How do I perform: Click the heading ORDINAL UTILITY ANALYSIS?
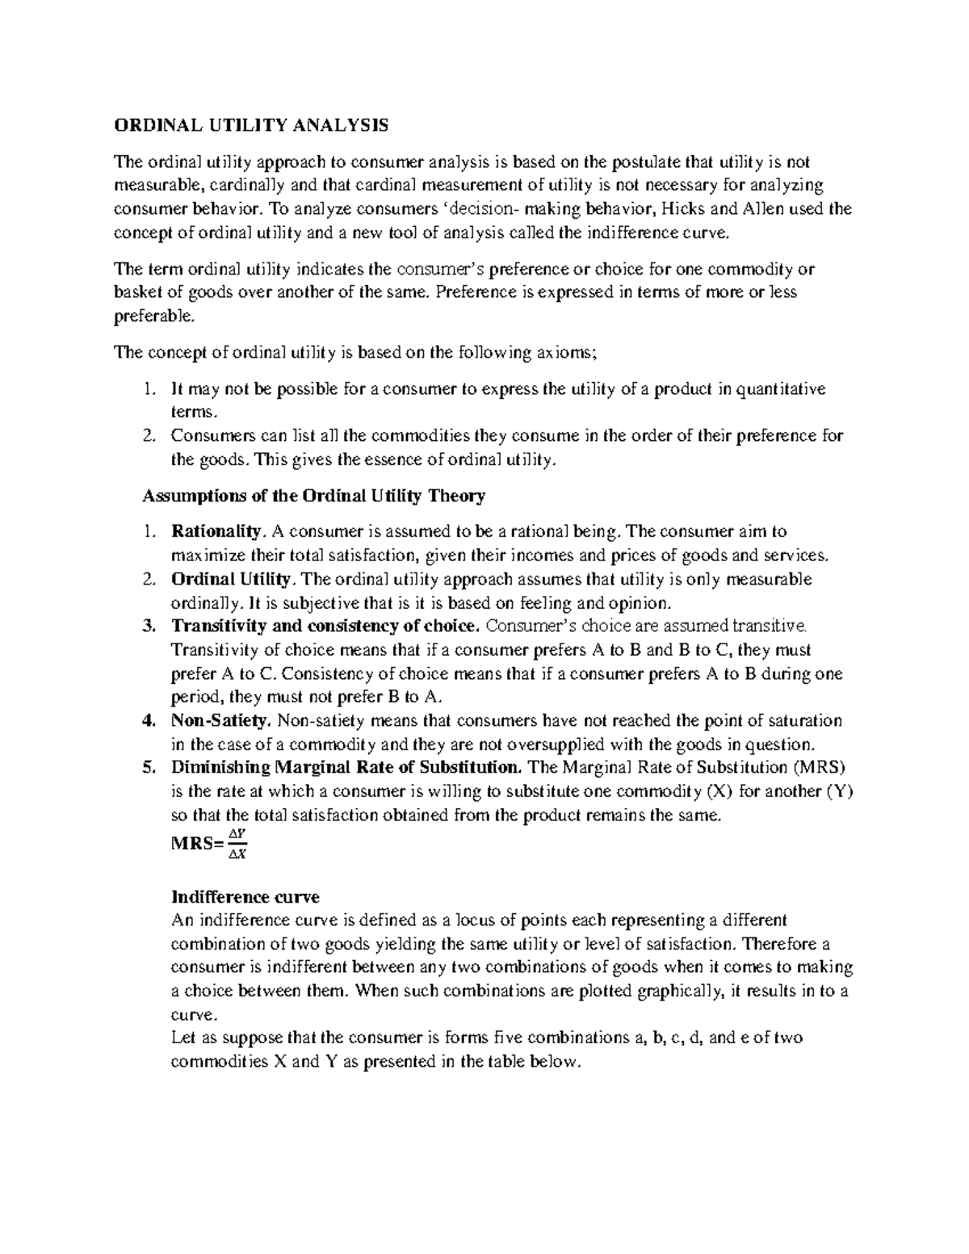point(250,125)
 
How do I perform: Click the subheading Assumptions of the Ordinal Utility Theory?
point(313,496)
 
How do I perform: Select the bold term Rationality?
point(216,531)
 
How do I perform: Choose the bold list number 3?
point(147,626)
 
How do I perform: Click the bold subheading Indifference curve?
point(245,896)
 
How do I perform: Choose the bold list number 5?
point(147,767)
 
